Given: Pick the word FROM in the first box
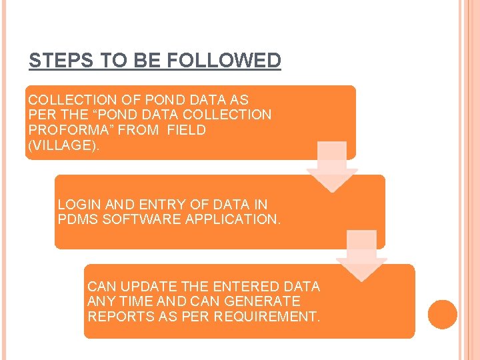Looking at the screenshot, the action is (138, 130).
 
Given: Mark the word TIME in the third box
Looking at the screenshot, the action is (134, 301).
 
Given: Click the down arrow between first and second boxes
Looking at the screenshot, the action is (331, 167).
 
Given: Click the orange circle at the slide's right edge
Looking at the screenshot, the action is (443, 314).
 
